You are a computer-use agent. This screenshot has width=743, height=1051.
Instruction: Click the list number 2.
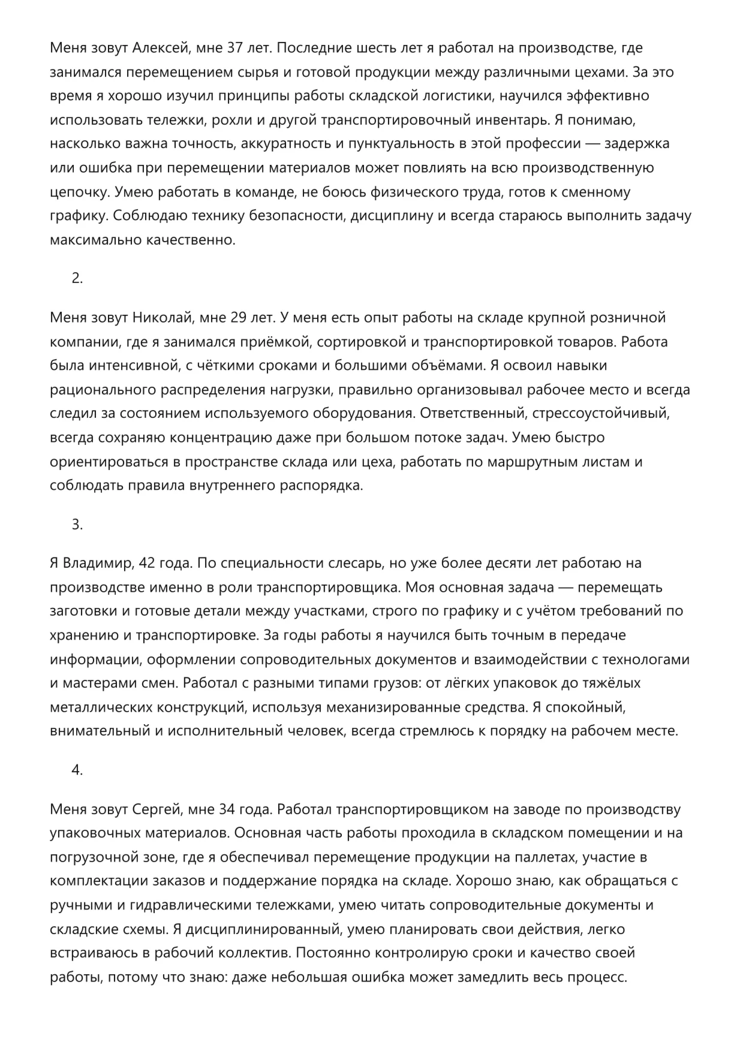77,278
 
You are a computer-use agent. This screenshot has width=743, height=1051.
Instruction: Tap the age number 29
239,317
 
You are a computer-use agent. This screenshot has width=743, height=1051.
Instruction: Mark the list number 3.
77,525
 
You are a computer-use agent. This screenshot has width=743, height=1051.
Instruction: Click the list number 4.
77,770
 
